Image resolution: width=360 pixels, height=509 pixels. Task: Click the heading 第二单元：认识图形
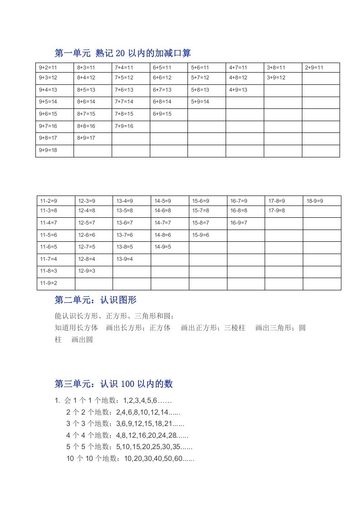(x=95, y=300)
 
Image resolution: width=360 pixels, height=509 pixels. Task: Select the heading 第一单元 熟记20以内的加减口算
(x=123, y=53)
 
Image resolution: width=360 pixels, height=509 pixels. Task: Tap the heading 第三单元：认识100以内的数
(x=113, y=384)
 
